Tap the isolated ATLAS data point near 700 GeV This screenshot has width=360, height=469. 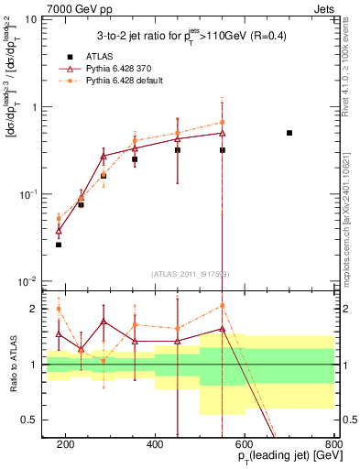[289, 133]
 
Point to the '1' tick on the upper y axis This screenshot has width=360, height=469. [34, 107]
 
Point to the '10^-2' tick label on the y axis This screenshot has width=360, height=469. [27, 281]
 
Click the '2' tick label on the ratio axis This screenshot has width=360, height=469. [34, 309]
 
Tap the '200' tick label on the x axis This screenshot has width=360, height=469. [66, 444]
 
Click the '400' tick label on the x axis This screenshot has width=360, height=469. [155, 444]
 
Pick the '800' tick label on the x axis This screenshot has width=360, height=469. [333, 444]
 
